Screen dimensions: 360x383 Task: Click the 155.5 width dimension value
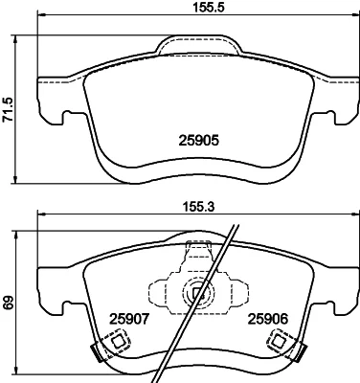[209, 7]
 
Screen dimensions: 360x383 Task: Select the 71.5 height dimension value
[8, 109]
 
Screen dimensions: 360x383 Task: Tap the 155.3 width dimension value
[198, 207]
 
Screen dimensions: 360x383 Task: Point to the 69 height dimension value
[9, 303]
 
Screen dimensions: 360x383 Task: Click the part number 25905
[198, 140]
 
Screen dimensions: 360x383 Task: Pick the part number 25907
[129, 319]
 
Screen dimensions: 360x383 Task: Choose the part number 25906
[268, 319]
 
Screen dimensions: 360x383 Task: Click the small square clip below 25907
[119, 341]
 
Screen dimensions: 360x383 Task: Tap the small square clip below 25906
[279, 341]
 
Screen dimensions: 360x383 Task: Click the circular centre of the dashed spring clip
[198, 292]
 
